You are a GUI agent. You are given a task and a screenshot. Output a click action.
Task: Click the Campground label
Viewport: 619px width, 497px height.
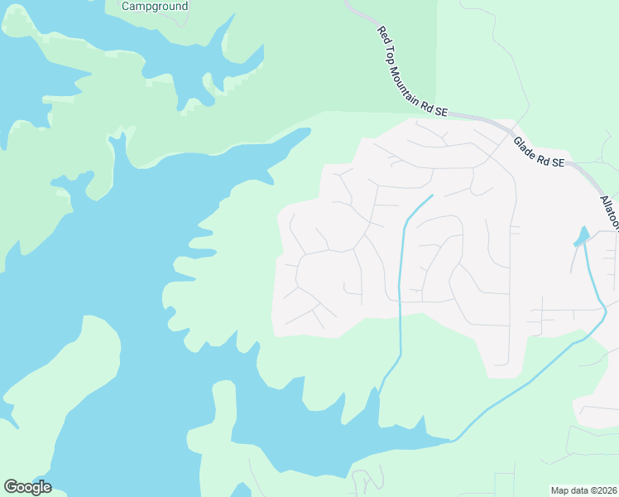[155, 6]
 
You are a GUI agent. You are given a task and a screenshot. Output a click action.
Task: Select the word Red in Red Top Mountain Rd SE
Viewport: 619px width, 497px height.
[383, 35]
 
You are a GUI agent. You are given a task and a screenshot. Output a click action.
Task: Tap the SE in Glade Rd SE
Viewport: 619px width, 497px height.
[558, 163]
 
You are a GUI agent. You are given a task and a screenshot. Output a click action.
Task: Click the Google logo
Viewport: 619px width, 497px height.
[27, 487]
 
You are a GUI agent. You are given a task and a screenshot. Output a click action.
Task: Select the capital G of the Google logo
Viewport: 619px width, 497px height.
[11, 486]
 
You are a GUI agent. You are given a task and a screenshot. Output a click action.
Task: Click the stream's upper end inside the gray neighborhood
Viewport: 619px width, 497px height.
[431, 196]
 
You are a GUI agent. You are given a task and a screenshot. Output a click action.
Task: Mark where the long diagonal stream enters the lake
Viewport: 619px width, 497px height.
[451, 440]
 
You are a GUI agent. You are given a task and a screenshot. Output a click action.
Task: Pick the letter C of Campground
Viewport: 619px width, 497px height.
[126, 6]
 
